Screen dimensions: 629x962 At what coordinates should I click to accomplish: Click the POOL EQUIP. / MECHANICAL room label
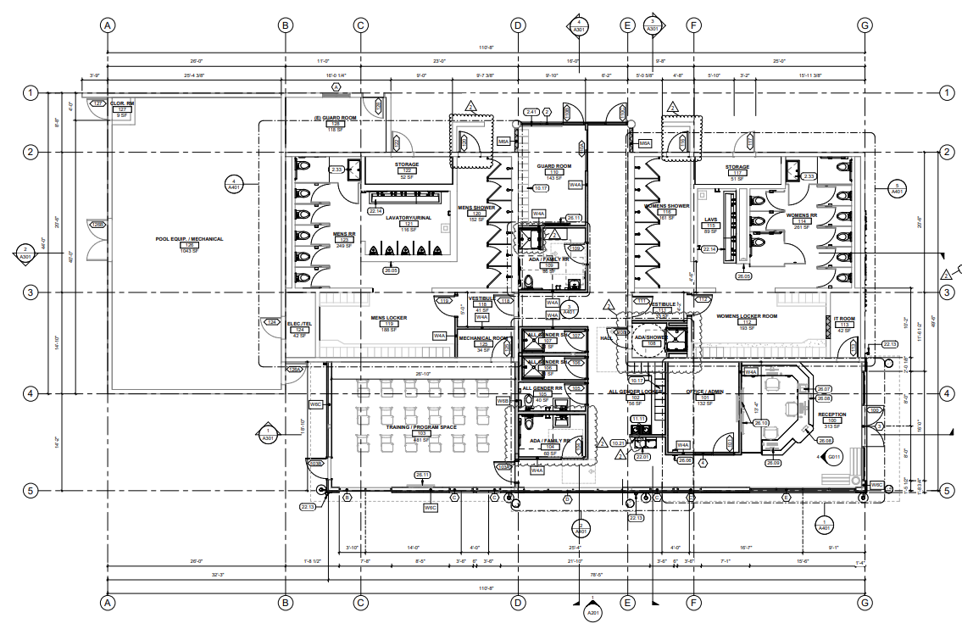tap(189, 239)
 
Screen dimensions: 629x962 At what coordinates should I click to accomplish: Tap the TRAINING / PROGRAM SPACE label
tap(421, 427)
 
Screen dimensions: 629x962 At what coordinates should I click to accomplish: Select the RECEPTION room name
tap(831, 415)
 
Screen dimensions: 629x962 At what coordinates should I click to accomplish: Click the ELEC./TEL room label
tap(299, 323)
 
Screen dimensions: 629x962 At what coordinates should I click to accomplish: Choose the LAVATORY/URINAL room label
tap(410, 217)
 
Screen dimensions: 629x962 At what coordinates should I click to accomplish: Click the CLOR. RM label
tap(122, 103)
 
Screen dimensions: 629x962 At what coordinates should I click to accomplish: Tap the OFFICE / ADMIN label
tap(703, 392)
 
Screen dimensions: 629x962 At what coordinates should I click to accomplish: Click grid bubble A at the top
tap(108, 25)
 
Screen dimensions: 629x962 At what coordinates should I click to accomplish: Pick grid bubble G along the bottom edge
tap(864, 603)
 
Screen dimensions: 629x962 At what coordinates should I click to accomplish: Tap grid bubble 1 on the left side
tap(31, 92)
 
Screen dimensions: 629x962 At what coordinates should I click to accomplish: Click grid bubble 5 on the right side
tap(946, 490)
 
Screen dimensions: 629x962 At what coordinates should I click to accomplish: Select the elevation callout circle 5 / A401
tap(896, 188)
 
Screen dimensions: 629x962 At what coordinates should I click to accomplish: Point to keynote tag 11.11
tap(638, 419)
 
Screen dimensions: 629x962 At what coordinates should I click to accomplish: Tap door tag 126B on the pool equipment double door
tap(97, 225)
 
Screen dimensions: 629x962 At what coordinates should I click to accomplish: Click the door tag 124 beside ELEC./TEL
tap(272, 322)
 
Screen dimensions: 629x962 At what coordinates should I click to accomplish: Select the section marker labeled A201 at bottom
tap(592, 613)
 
